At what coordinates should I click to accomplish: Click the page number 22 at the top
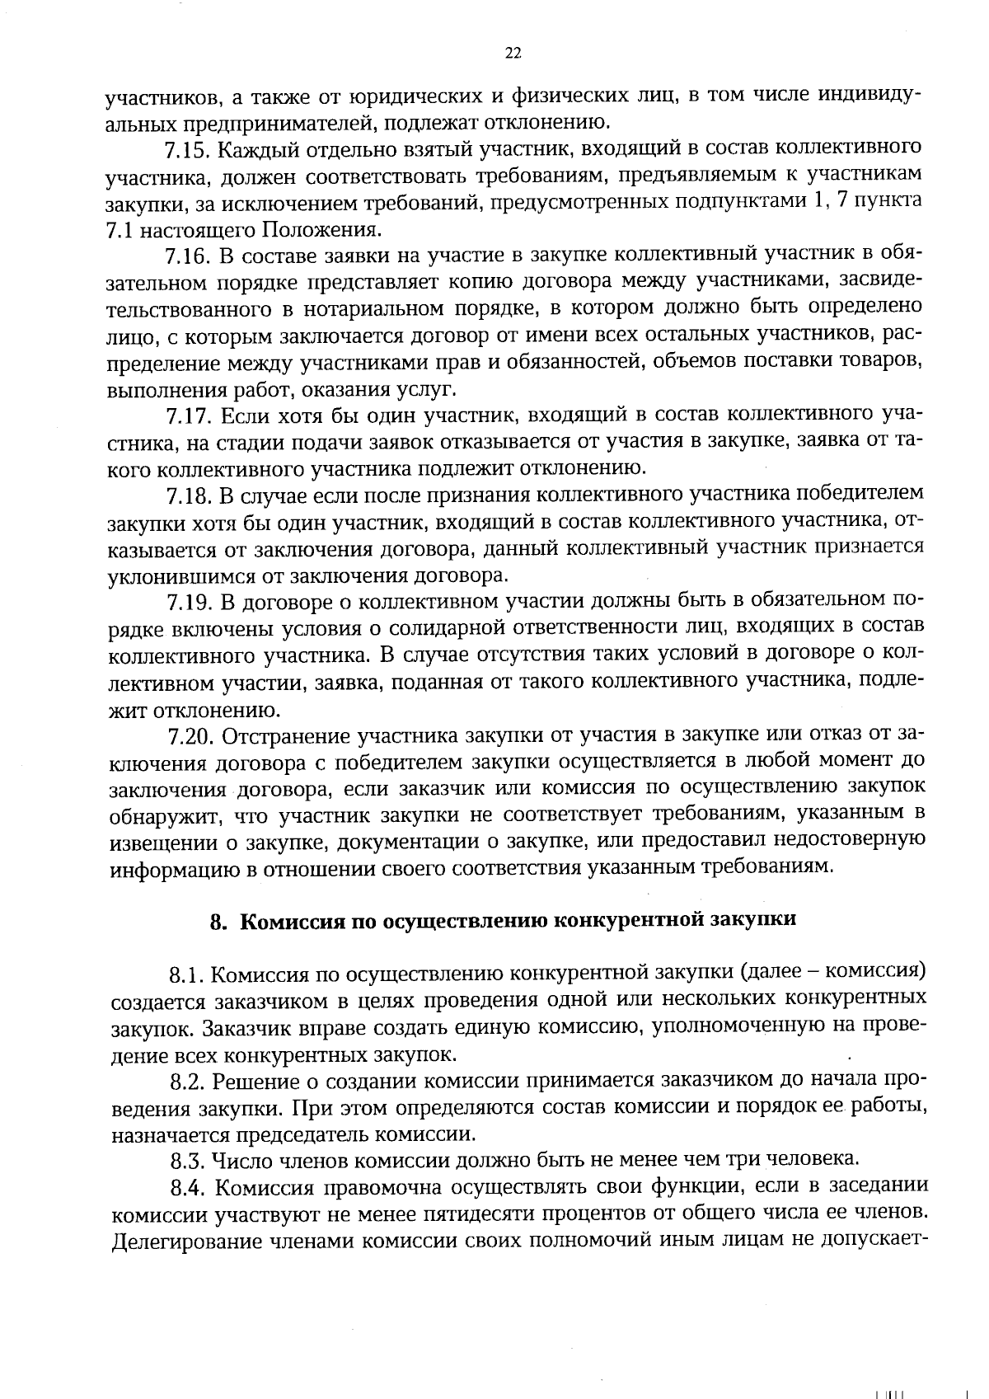[512, 54]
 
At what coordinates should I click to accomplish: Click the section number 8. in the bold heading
[218, 922]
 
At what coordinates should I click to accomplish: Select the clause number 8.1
[186, 975]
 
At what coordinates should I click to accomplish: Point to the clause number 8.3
[188, 1162]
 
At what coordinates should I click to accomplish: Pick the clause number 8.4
[189, 1188]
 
